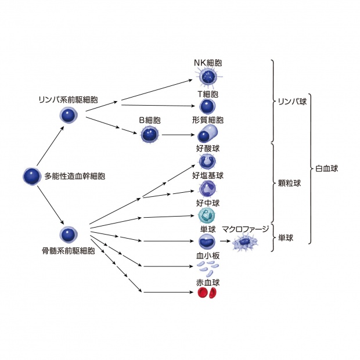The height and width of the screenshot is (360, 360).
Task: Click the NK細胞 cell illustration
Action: [207, 76]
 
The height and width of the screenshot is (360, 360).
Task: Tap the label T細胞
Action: [207, 93]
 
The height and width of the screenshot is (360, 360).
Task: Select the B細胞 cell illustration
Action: [150, 135]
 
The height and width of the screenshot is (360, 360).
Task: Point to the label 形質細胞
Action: [207, 120]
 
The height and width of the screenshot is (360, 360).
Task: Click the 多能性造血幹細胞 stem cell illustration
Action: [31, 176]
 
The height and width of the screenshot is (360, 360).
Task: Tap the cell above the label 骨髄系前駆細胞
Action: [69, 235]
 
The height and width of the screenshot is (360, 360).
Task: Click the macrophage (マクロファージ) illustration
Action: [244, 242]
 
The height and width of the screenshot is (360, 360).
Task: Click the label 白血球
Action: [326, 168]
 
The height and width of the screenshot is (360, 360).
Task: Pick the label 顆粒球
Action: [289, 183]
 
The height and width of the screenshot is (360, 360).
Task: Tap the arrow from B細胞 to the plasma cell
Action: [177, 135]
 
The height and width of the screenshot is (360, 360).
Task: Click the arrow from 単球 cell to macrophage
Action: [224, 241]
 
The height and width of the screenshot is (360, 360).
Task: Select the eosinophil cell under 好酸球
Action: [207, 161]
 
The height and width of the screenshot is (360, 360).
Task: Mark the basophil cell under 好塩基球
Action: [207, 188]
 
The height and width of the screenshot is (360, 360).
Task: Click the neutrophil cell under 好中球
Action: [207, 215]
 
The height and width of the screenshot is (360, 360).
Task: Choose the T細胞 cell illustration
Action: [207, 106]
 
